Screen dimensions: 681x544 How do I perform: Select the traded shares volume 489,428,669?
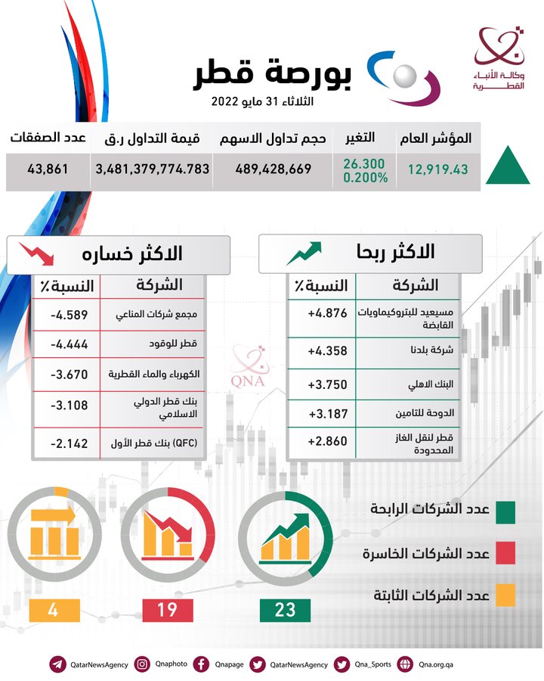tap(273, 169)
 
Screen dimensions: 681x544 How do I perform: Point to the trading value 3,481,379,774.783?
tap(152, 169)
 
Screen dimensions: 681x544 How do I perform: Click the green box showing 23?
tap(285, 609)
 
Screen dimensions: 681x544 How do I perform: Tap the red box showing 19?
tap(168, 609)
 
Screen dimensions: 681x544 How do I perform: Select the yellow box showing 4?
tap(52, 609)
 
